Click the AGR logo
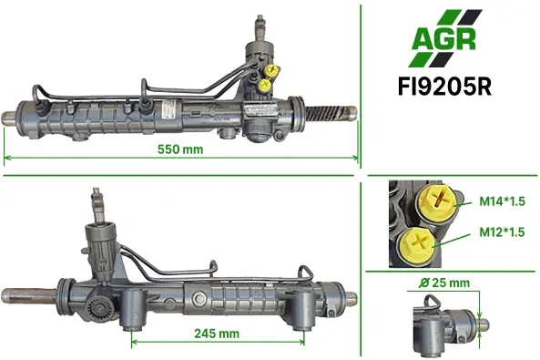pos(444,38)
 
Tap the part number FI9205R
pos(444,87)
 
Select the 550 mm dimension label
pos(180,149)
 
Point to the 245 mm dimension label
pos(217,334)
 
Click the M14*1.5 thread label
pos(502,201)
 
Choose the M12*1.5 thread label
pos(502,232)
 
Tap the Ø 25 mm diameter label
pos(444,283)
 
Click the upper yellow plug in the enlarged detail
pos(438,201)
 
